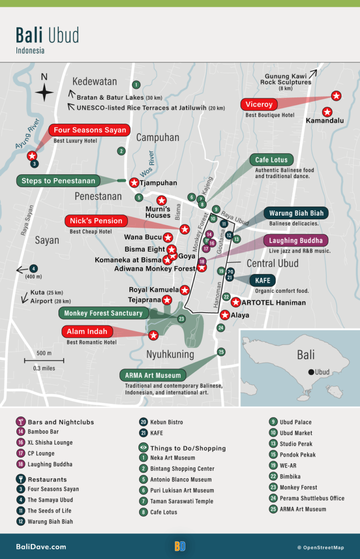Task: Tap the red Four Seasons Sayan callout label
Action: click(x=90, y=130)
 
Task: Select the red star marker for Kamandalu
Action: click(x=327, y=112)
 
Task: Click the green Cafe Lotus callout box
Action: click(x=271, y=160)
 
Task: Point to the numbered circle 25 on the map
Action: click(x=221, y=352)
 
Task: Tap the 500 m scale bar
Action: click(x=44, y=360)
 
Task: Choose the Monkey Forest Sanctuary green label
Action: click(x=103, y=313)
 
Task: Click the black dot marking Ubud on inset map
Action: click(x=310, y=372)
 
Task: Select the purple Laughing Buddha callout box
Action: click(x=296, y=241)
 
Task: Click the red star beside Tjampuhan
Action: click(x=134, y=183)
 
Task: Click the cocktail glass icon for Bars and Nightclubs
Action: click(x=21, y=421)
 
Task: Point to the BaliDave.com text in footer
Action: click(x=41, y=546)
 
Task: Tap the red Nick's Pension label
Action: click(x=96, y=221)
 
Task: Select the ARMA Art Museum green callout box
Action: click(x=153, y=375)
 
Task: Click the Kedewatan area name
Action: click(x=94, y=82)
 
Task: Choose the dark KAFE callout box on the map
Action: click(x=262, y=281)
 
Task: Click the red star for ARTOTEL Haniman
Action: click(x=236, y=302)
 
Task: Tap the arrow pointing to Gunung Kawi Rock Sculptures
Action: click(x=313, y=73)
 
